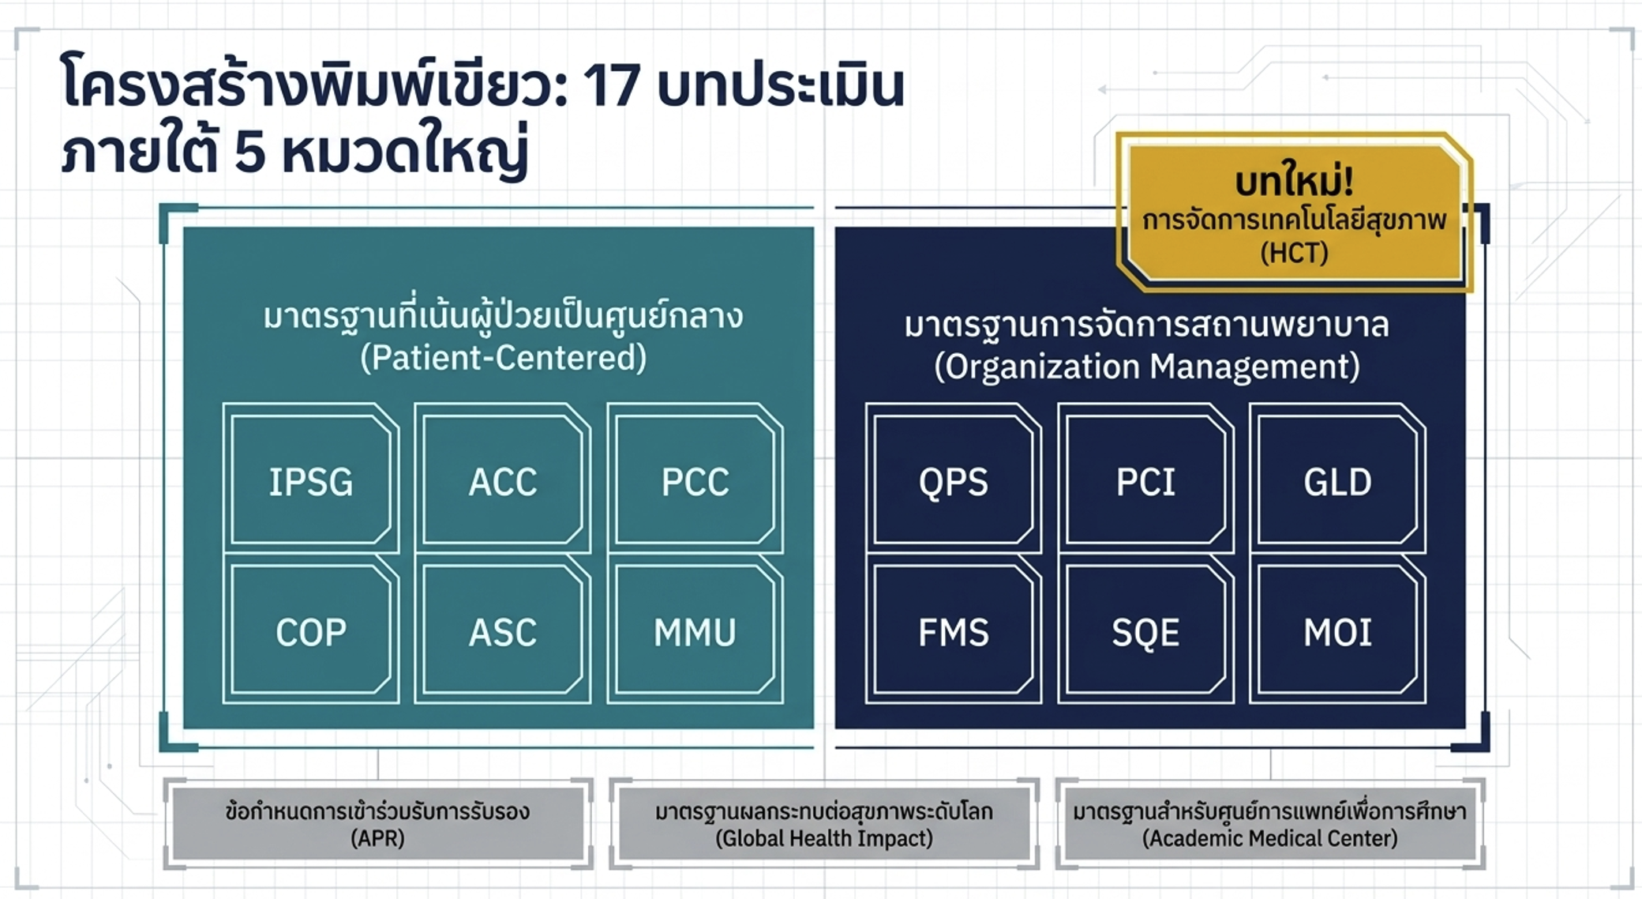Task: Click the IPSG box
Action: coord(311,479)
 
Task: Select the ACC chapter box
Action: coord(503,479)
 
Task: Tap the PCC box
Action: coord(695,479)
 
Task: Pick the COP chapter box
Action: coord(311,630)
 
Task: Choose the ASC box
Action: coord(503,630)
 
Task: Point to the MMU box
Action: coord(695,630)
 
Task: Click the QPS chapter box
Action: coord(954,479)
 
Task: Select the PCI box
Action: coord(1145,479)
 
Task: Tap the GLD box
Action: coord(1338,479)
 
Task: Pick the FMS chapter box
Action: coord(954,630)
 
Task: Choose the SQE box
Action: coord(1145,630)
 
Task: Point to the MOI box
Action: coord(1338,630)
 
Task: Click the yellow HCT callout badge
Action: coord(1295,212)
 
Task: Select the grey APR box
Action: coord(378,824)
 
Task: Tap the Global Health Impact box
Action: coord(824,824)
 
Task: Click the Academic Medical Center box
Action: coord(1270,824)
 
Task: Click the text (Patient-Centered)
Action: coord(504,358)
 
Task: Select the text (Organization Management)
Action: coord(1147,367)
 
